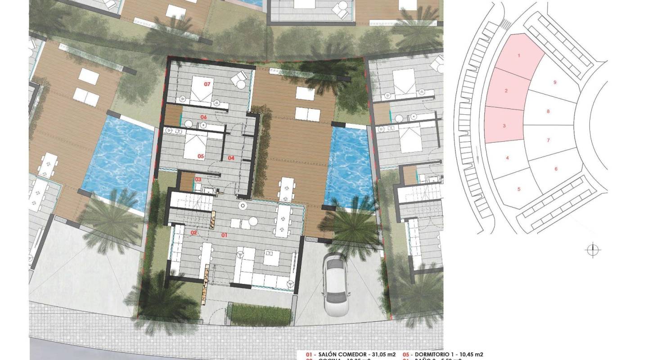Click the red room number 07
click(207, 84)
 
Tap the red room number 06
click(203, 117)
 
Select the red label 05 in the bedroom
click(201, 157)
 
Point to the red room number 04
click(231, 158)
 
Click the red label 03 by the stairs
click(198, 179)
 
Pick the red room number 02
click(194, 233)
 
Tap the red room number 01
click(225, 235)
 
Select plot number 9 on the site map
click(555, 82)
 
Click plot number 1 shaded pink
click(519, 56)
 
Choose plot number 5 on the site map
click(519, 189)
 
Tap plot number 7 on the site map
click(548, 140)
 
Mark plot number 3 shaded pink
click(504, 126)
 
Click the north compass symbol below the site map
click(593, 250)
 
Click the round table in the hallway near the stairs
click(243, 206)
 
